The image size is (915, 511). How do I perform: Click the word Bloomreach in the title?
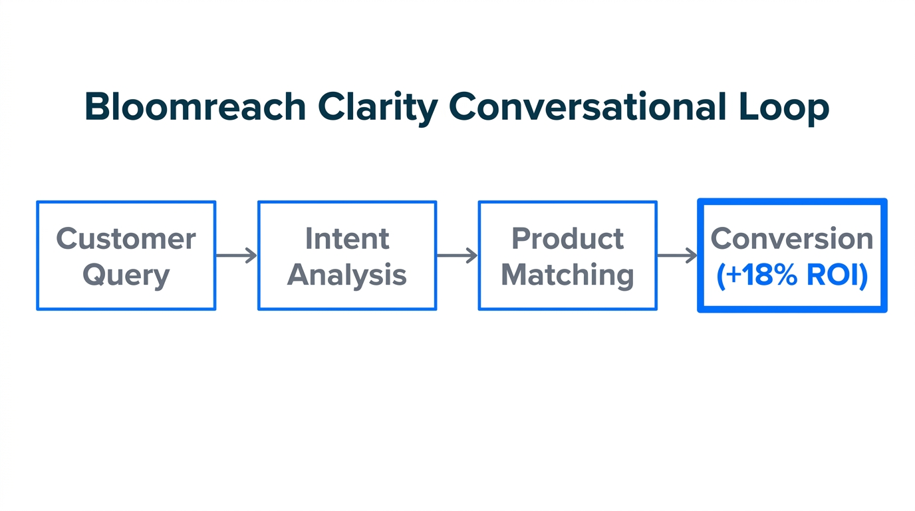[195, 107]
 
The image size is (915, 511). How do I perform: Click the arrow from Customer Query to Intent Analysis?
[236, 255]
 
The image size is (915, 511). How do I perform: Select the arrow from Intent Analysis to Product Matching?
[457, 255]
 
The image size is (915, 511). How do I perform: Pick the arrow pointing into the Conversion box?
[677, 255]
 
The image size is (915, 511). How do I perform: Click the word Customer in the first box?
[126, 238]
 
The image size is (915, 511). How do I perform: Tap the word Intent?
[347, 238]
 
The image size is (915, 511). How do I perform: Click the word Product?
[567, 238]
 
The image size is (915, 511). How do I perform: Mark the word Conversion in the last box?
[791, 238]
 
